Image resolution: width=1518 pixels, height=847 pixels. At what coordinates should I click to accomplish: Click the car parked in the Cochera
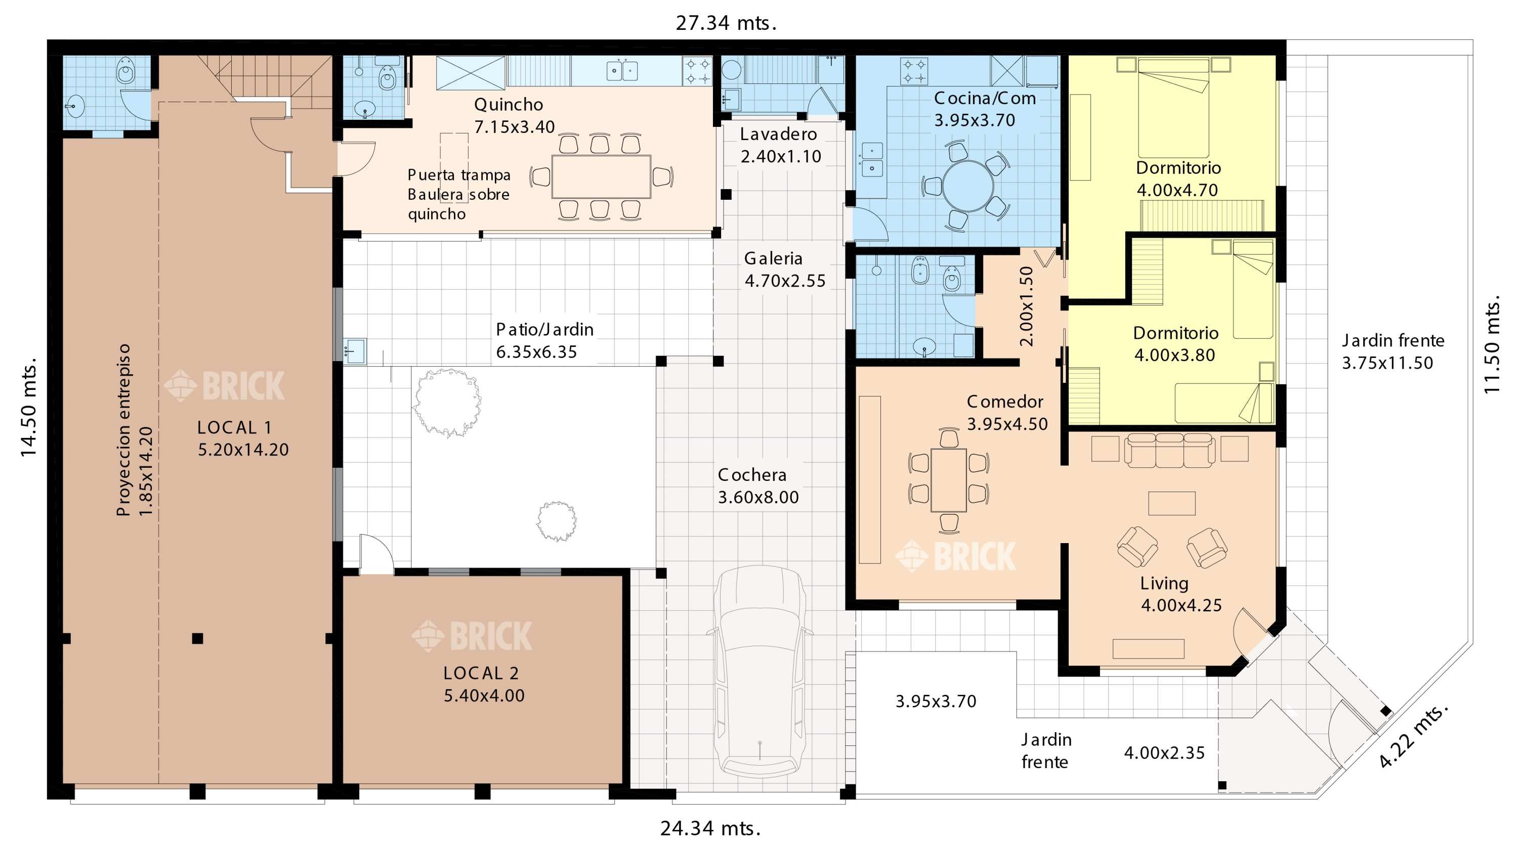point(760,672)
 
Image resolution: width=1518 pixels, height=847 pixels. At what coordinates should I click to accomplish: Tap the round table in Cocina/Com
point(967,186)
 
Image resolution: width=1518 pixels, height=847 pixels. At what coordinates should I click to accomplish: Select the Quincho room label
point(509,105)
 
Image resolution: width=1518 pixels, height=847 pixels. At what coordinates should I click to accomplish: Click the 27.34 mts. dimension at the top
point(726,23)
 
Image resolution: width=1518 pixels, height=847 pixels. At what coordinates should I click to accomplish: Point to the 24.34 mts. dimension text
point(710,828)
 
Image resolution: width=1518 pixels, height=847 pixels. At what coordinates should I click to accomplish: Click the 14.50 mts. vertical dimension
point(29,407)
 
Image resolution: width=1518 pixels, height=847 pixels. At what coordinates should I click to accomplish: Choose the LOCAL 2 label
point(481,673)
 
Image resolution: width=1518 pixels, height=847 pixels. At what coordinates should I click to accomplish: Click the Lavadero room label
point(778,135)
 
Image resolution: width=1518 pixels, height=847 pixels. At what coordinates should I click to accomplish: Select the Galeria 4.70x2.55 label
point(785,269)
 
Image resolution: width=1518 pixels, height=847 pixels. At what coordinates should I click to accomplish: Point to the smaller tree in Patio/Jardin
point(556,521)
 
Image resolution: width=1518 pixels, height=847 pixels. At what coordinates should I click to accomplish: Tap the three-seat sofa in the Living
point(1169,450)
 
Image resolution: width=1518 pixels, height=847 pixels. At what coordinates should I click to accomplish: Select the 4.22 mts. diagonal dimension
point(1413,736)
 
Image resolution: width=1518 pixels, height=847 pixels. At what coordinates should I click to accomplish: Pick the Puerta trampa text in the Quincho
point(459,175)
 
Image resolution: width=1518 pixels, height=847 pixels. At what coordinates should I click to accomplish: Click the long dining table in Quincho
point(601,176)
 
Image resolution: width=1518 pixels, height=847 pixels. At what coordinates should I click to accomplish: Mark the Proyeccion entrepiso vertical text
point(123,430)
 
